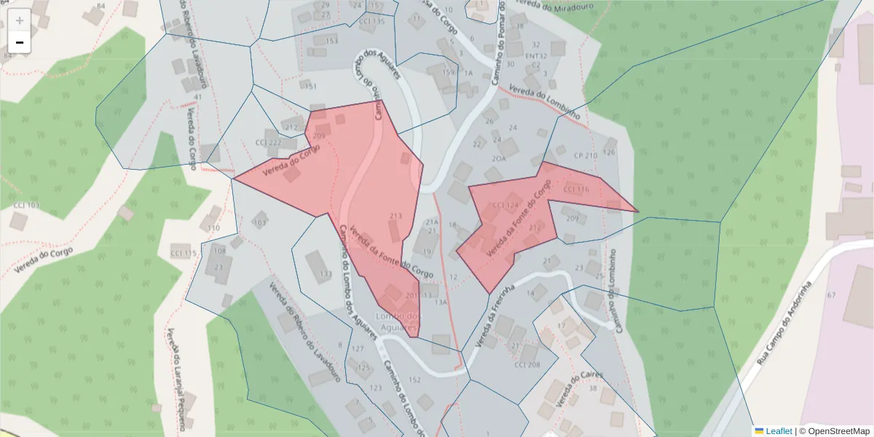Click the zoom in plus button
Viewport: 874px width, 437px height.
coord(20,20)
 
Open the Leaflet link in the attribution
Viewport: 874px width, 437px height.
coord(779,431)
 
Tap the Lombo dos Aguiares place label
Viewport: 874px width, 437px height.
coord(398,321)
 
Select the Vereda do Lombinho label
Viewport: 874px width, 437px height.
coord(544,102)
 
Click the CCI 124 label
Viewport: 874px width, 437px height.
coord(505,205)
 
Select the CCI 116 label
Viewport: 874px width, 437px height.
coord(576,189)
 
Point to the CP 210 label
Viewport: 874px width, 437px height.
coord(585,156)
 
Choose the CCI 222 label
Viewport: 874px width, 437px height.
coord(268,142)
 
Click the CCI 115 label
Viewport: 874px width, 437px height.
coord(184,253)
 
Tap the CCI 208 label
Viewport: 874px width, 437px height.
coord(527,365)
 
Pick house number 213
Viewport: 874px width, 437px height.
coord(396,216)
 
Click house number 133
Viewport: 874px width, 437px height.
coord(326,275)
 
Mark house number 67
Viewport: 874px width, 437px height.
coord(831,295)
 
